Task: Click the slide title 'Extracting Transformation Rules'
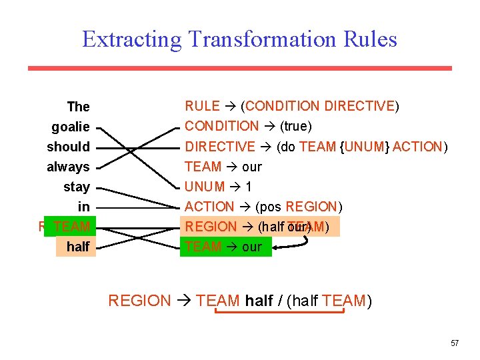point(239,39)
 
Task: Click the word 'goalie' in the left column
point(70,127)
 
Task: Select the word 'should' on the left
point(68,147)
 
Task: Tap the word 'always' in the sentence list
point(68,167)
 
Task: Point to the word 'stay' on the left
point(76,187)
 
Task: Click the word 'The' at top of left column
point(78,107)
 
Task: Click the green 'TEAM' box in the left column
point(71,227)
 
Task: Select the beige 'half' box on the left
point(77,247)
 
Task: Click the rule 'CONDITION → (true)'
point(248,126)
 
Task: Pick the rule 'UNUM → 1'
point(218,187)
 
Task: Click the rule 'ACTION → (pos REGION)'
point(263,207)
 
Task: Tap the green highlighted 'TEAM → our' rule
point(226,247)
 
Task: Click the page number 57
point(455,343)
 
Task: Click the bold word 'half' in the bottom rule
point(259,301)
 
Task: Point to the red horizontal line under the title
point(239,68)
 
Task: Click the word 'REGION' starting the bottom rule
point(139,301)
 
